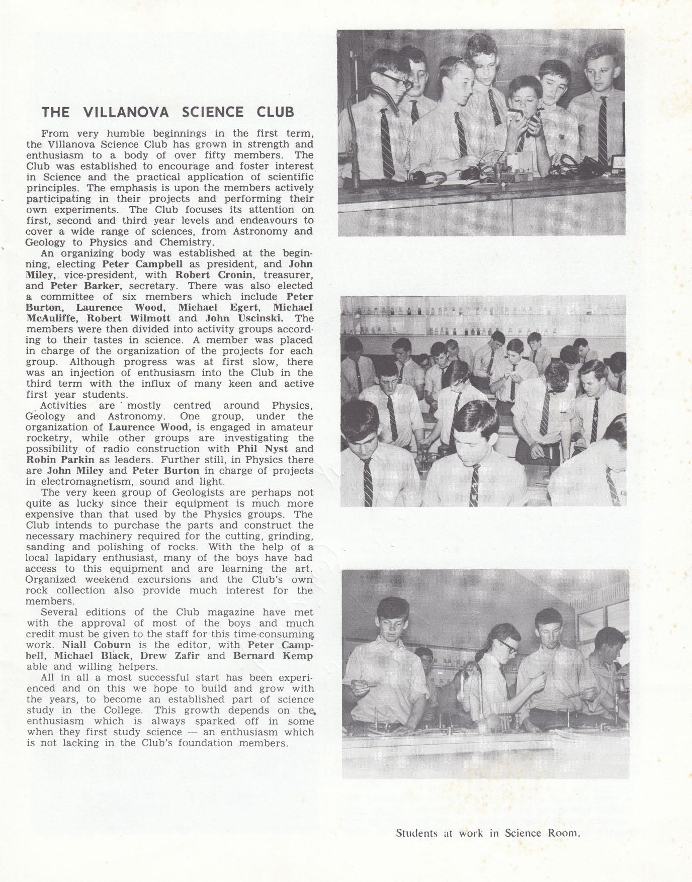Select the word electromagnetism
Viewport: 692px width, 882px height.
pos(87,482)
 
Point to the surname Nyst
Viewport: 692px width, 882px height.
pos(276,449)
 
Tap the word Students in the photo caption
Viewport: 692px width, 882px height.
pos(415,833)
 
